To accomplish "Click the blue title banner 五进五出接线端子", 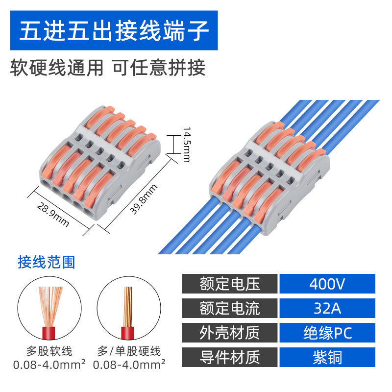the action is click(114, 31).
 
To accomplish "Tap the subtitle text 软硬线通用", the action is click(57, 68).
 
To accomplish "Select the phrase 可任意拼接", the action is click(159, 68).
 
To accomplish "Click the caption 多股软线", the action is click(49, 351).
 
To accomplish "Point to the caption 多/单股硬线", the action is click(129, 351).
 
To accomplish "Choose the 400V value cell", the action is click(327, 284).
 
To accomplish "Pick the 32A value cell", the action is click(327, 308).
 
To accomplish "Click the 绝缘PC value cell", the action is click(327, 333).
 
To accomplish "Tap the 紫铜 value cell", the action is click(327, 357).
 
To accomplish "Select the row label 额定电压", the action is click(230, 284).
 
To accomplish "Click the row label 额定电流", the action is click(230, 308).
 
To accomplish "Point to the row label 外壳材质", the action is click(230, 333).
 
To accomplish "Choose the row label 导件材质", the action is click(230, 357).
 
